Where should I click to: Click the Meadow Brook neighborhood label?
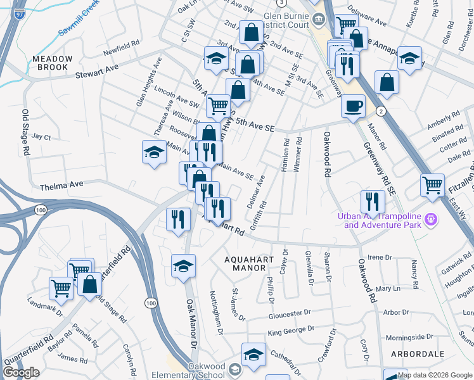(x=53, y=63)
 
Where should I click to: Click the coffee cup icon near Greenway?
(x=354, y=106)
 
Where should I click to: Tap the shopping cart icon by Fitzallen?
(x=433, y=185)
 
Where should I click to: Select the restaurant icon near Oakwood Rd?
(x=373, y=202)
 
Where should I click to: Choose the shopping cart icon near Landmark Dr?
(x=61, y=288)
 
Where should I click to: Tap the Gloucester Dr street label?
(x=289, y=313)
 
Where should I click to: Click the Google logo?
(x=22, y=372)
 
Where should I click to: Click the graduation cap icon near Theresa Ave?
(x=153, y=153)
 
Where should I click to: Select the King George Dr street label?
(x=291, y=330)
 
